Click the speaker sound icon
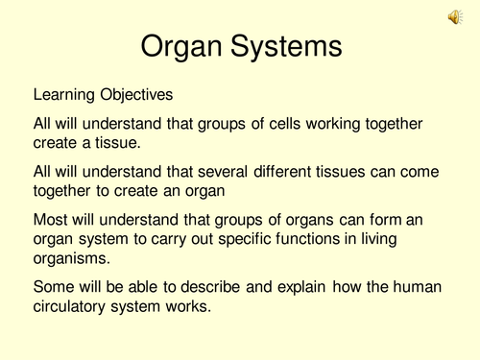coord(453,17)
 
